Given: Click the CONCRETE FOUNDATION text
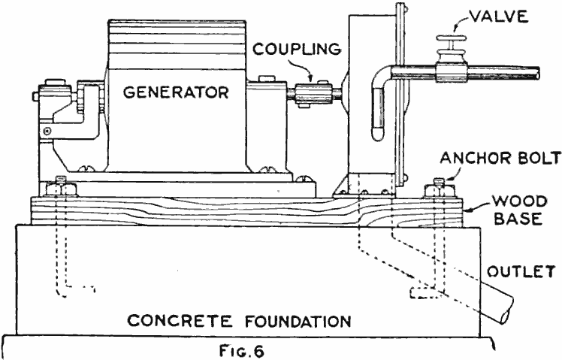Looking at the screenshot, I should coord(239,322).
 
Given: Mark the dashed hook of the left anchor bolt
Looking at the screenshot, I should coord(80,286).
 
